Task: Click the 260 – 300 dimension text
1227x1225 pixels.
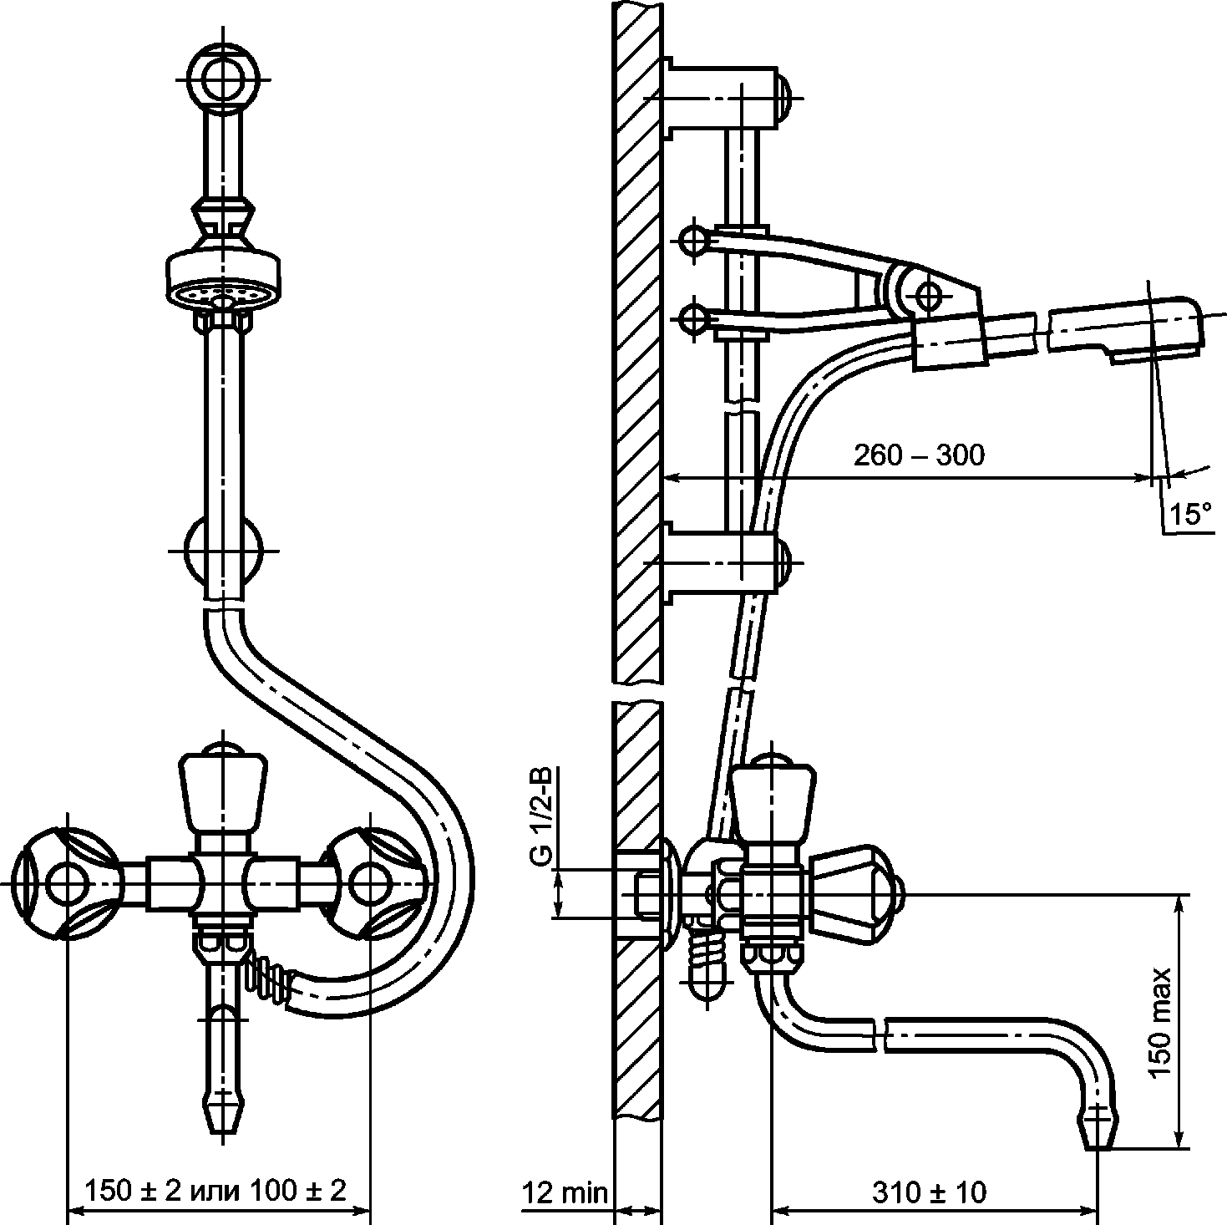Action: pyautogui.click(x=918, y=455)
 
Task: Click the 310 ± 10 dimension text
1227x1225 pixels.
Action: pyautogui.click(x=929, y=1192)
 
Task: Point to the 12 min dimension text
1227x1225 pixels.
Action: pyautogui.click(x=565, y=1192)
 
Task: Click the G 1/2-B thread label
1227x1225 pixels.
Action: pyautogui.click(x=542, y=817)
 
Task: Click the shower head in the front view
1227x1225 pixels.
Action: pyautogui.click(x=224, y=281)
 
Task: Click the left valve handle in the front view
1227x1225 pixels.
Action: pyautogui.click(x=67, y=883)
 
